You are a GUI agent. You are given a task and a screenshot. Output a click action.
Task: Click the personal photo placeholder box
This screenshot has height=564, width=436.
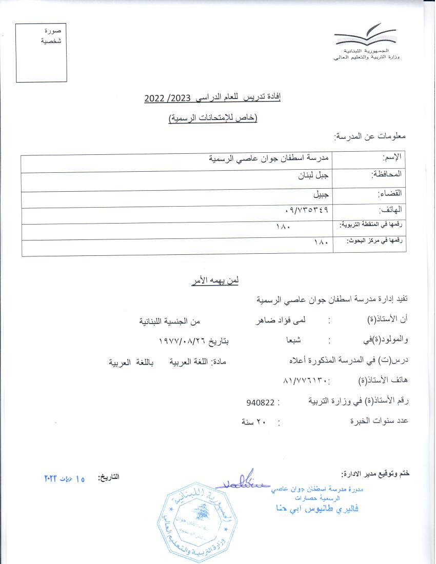coord(41,53)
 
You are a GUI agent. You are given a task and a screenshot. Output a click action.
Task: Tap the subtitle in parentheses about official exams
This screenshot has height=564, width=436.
coord(213,118)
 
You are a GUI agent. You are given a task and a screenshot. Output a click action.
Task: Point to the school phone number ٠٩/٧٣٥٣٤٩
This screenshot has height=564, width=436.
coord(306,210)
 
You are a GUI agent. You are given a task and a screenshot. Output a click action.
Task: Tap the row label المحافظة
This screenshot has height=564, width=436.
coord(386,175)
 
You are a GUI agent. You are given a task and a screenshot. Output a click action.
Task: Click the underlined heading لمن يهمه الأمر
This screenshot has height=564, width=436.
coord(214,280)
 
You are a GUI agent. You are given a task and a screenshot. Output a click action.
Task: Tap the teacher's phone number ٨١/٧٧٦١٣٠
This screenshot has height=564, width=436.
coord(305,381)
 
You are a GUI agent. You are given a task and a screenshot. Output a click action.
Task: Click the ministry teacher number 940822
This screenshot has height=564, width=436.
coord(259,402)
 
